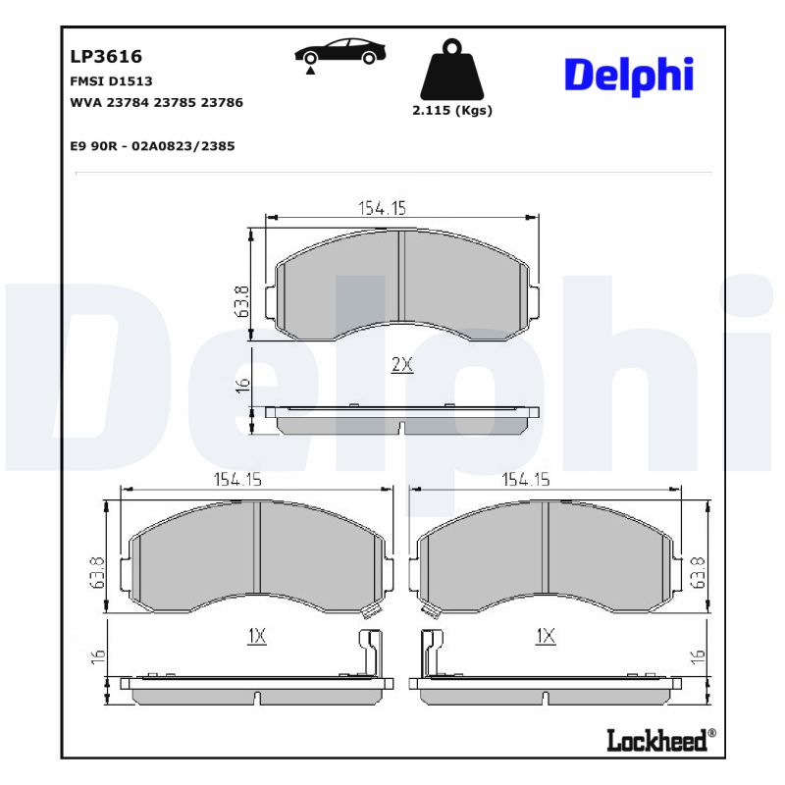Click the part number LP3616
pos(106,57)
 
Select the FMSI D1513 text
pos(111,81)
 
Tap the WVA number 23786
pos(222,102)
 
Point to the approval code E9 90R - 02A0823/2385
pos(152,145)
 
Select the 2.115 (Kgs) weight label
pos(451,111)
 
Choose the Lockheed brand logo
pos(657,740)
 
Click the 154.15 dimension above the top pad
pos(382,207)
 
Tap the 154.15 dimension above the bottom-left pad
pos(237,480)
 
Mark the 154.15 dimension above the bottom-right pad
pos(526,480)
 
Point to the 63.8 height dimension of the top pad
pos(240,302)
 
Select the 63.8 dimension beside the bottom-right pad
pos(699,572)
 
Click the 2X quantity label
pos(401,365)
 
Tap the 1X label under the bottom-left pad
pos(256,636)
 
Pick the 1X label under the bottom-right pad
pos(546,636)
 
